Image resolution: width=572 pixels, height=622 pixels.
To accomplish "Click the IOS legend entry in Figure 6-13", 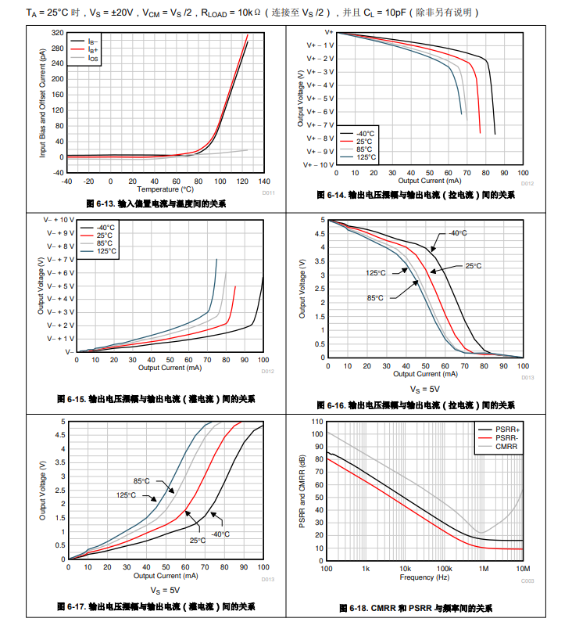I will click(x=92, y=58).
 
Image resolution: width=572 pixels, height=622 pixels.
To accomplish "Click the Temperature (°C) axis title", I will click(x=165, y=189).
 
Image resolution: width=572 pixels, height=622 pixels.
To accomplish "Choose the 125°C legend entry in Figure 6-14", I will click(x=365, y=157).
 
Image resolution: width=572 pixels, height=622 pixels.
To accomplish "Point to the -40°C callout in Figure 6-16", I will click(x=457, y=233).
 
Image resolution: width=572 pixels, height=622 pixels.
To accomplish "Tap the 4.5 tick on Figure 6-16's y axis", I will click(x=320, y=234).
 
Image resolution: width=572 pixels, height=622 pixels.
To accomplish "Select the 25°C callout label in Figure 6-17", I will click(x=197, y=540).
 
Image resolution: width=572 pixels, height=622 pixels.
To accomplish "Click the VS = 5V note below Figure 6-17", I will click(x=165, y=589).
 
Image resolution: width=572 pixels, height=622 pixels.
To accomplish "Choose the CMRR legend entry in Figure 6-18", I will click(x=506, y=448).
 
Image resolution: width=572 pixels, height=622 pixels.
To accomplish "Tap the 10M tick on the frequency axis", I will click(x=523, y=569).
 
